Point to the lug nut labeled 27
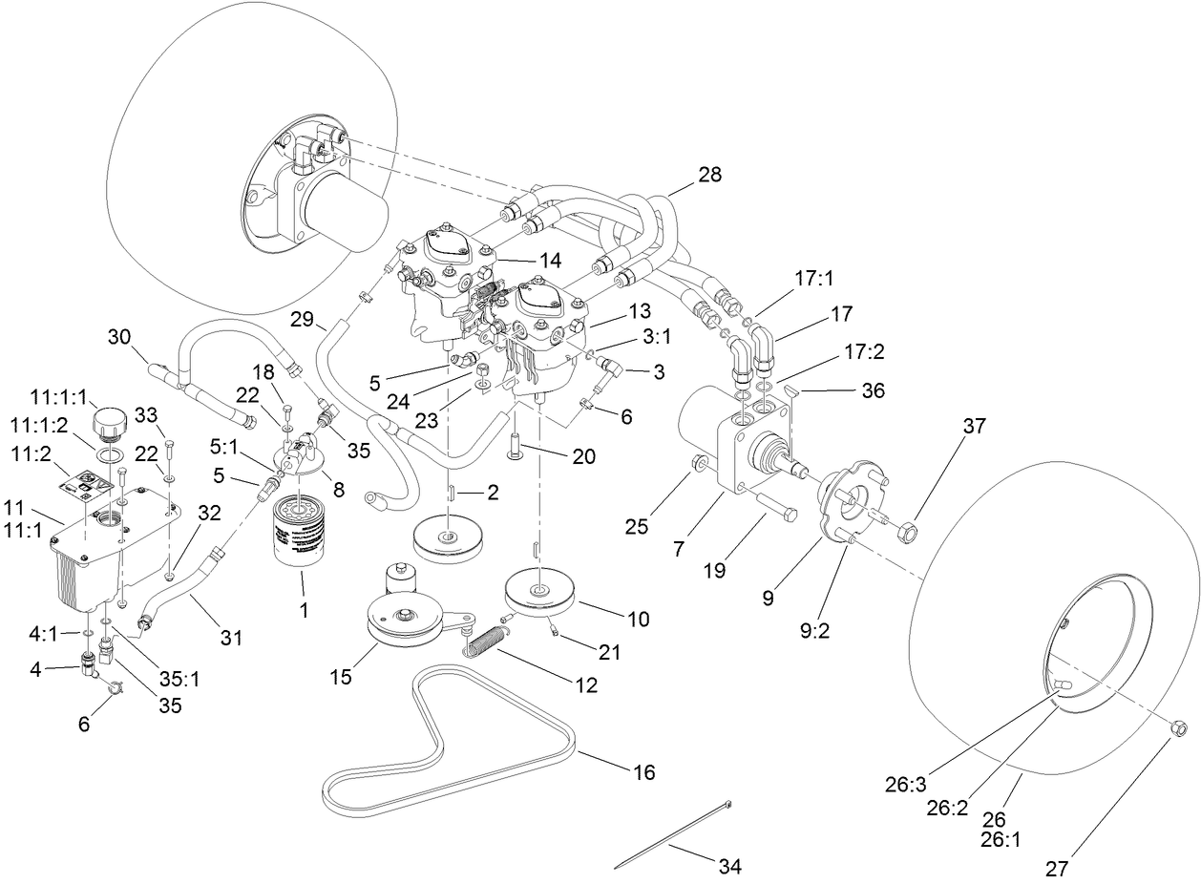click(x=1177, y=729)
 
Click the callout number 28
click(x=709, y=175)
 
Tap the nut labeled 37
click(x=909, y=526)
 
